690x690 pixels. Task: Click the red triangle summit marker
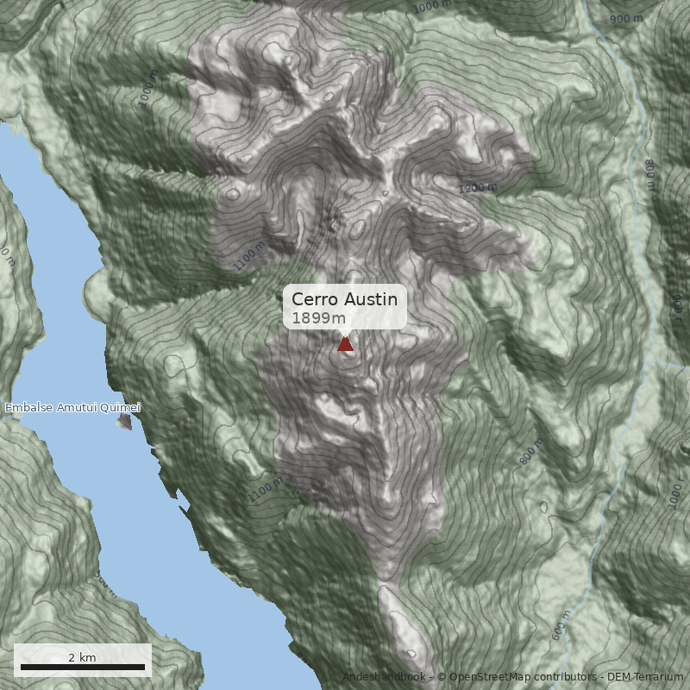tap(345, 344)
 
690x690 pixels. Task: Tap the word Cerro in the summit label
tap(315, 299)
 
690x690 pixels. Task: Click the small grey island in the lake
tap(126, 422)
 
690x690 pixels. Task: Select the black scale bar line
tap(83, 668)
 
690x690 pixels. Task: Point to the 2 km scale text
tap(83, 657)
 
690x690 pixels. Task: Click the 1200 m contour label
tap(477, 188)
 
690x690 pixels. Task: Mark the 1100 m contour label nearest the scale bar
tap(265, 489)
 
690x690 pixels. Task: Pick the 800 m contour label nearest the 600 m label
tap(532, 452)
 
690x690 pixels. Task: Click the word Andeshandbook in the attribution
tap(384, 678)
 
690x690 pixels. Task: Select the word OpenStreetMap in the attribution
tap(487, 678)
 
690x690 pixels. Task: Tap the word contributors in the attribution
tap(564, 678)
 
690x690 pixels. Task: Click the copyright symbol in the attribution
tap(442, 678)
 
